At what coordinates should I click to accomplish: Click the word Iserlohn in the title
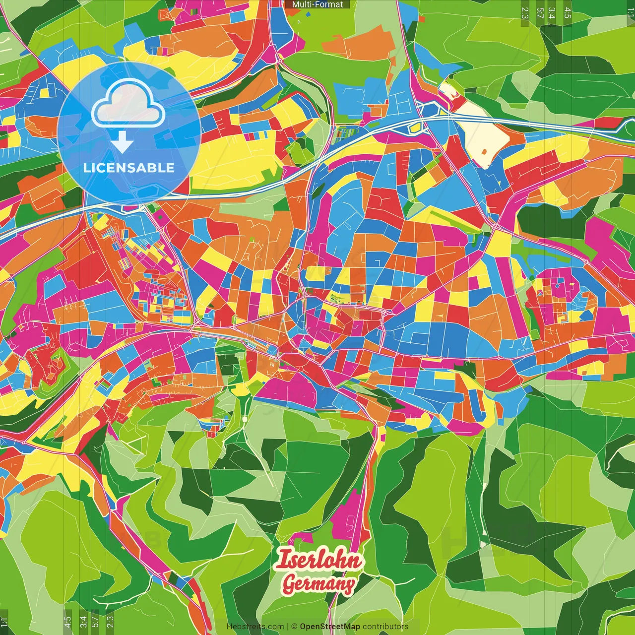(318, 560)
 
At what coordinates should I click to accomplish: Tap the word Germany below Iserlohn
(318, 584)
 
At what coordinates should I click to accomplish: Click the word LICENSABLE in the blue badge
(129, 168)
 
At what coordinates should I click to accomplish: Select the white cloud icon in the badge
(128, 103)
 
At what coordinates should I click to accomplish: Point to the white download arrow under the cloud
(122, 142)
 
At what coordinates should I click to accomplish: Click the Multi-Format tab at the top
(317, 4)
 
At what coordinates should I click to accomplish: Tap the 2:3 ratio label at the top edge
(525, 12)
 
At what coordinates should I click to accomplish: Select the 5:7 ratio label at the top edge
(540, 12)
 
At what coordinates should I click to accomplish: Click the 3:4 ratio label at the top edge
(552, 12)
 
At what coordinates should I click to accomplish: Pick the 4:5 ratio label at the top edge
(568, 12)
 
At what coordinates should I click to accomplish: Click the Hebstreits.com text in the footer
(255, 627)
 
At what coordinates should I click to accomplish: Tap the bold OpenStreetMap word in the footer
(329, 627)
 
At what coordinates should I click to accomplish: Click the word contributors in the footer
(385, 627)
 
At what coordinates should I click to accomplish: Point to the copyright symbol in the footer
(294, 627)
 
